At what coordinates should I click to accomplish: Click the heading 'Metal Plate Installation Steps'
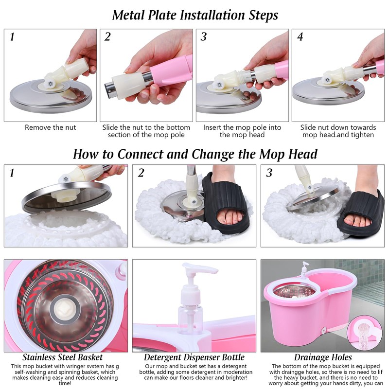click(195, 15)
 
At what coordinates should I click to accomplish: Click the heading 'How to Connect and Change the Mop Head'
click(195, 154)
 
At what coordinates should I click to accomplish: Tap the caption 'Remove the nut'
click(51, 128)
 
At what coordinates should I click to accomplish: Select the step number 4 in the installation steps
click(300, 37)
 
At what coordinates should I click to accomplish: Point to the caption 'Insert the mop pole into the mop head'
click(242, 131)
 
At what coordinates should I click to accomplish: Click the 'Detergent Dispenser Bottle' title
click(194, 358)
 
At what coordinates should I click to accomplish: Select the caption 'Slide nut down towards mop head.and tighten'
click(338, 131)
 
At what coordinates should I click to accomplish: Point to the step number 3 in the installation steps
click(204, 37)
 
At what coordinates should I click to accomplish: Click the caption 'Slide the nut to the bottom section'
click(146, 131)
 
